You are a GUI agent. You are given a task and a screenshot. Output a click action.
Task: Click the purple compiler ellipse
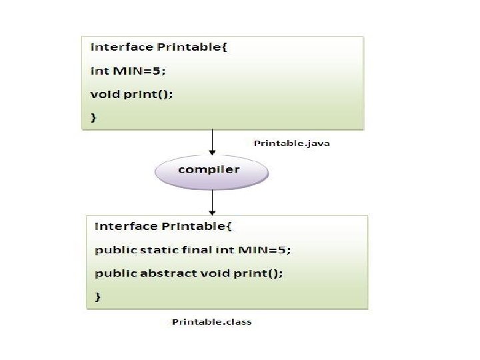[211, 170]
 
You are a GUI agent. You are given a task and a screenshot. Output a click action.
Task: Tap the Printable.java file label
[292, 143]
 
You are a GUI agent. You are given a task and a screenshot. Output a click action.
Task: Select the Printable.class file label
[211, 322]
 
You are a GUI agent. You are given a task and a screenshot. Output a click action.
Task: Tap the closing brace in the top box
[93, 117]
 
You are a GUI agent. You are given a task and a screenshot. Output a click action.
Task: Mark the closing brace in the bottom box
[98, 295]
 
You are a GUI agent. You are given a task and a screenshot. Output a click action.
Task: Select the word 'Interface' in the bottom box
[126, 226]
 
